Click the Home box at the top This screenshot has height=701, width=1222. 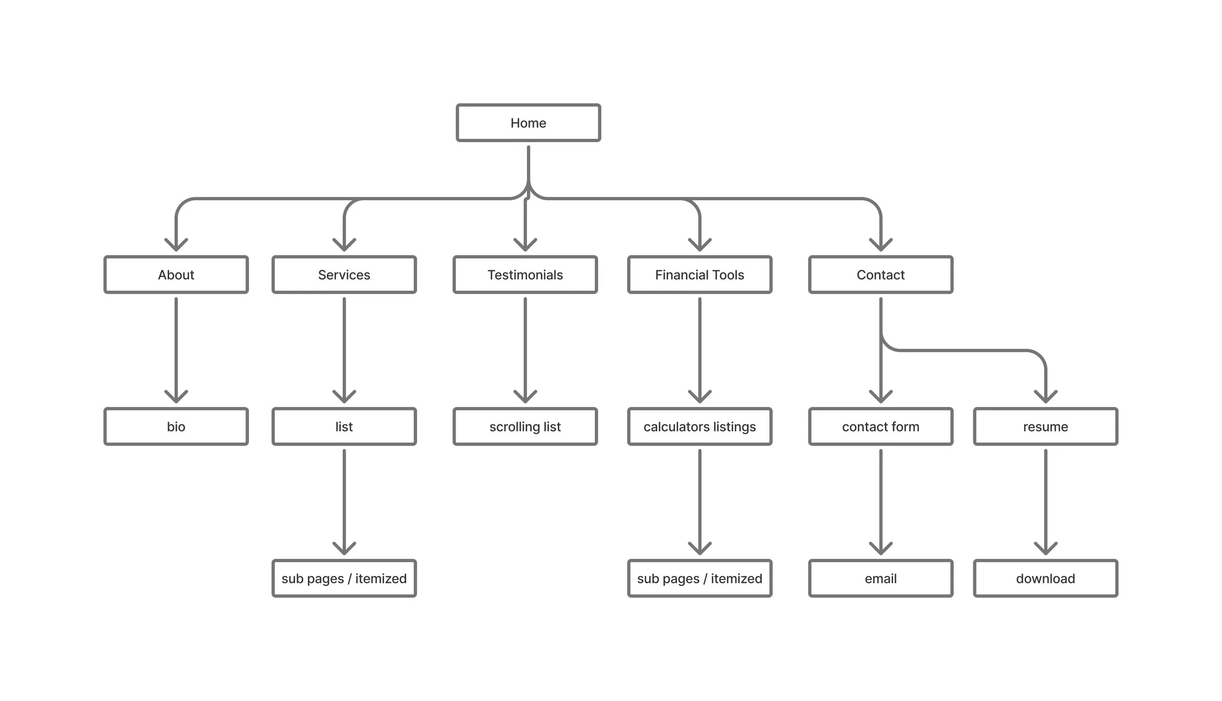(x=528, y=123)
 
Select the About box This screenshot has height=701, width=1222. (x=176, y=275)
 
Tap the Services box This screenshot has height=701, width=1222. (x=344, y=275)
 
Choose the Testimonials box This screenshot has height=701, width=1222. (x=525, y=275)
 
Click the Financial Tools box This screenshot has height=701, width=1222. (x=699, y=275)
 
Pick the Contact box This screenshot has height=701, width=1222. (x=880, y=275)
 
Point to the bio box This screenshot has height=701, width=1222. (x=176, y=426)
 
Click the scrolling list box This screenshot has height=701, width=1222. (x=525, y=426)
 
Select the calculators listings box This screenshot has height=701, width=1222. (x=699, y=426)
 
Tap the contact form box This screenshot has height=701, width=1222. (x=880, y=426)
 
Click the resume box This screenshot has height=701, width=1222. (x=1045, y=426)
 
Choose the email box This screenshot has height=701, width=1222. (x=880, y=578)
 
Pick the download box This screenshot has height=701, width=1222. (x=1045, y=578)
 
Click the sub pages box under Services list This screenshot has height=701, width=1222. (x=344, y=578)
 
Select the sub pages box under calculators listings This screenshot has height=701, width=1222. (x=699, y=578)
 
